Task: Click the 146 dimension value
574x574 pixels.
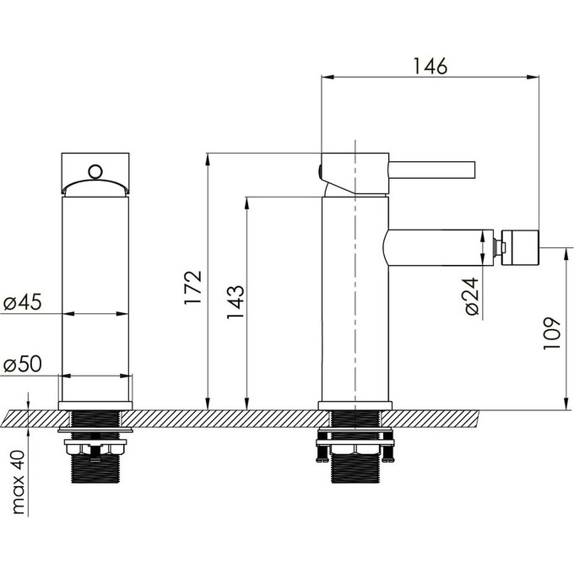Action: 430,66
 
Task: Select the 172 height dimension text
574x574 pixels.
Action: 193,287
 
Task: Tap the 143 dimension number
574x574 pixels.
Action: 235,302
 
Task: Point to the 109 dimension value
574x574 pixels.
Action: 551,333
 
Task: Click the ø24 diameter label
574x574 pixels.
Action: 472,296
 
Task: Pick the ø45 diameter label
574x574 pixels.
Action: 23,302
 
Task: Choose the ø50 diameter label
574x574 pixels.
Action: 23,364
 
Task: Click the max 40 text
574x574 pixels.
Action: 19,482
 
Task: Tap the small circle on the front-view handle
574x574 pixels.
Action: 95,171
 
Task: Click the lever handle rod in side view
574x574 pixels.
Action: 431,170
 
